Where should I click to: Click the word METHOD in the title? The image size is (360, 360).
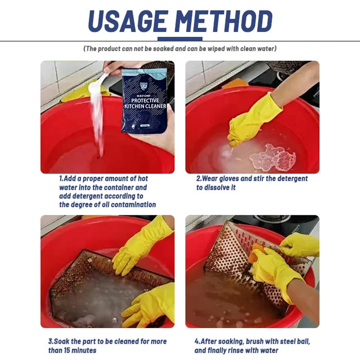(x=222, y=22)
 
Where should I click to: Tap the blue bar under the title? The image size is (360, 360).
(x=180, y=39)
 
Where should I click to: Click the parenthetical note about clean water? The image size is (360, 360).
(x=180, y=49)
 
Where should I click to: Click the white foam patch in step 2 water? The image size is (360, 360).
(x=273, y=157)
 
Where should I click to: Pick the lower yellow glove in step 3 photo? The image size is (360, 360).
(x=147, y=306)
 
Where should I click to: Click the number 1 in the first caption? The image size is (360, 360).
(x=61, y=179)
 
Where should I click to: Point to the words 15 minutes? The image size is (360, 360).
(x=79, y=350)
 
